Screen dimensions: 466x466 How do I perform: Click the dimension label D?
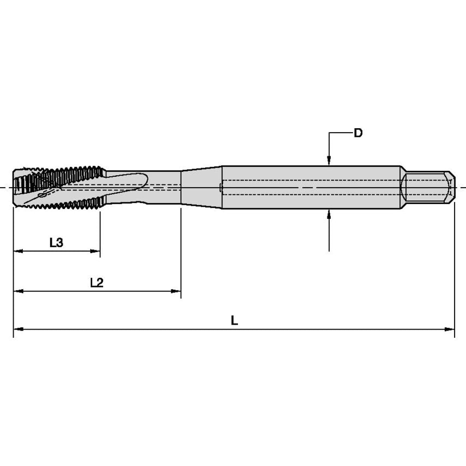pyautogui.click(x=358, y=133)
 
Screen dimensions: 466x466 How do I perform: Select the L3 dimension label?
pyautogui.click(x=56, y=243)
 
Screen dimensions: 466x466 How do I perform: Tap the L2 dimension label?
pyautogui.click(x=97, y=283)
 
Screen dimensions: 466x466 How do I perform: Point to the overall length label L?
pyautogui.click(x=234, y=320)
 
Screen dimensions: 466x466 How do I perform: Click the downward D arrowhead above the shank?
pyautogui.click(x=328, y=160)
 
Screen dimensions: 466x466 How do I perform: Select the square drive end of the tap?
pyautogui.click(x=428, y=187)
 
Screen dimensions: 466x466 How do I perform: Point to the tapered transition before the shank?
pyautogui.click(x=201, y=187)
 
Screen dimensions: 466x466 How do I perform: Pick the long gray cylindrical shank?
pyautogui.click(x=311, y=187)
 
